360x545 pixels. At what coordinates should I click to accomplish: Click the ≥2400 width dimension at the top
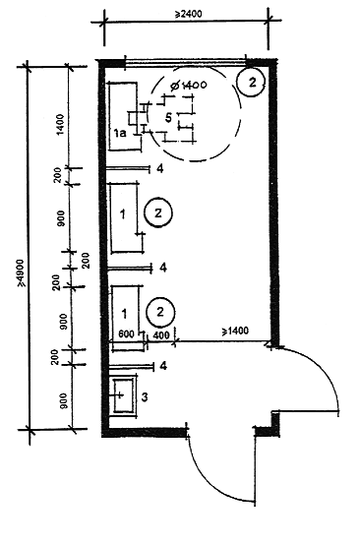(x=188, y=14)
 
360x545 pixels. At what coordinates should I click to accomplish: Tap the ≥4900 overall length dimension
(x=23, y=272)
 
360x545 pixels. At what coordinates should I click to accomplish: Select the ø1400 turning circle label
(x=188, y=85)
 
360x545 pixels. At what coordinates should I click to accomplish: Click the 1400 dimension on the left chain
(x=60, y=124)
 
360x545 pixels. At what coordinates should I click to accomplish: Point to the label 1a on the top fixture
(x=120, y=133)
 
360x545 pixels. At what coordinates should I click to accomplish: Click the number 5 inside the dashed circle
(x=168, y=118)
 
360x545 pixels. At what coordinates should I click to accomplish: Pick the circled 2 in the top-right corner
(x=252, y=82)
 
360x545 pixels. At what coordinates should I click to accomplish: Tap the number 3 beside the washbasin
(x=145, y=396)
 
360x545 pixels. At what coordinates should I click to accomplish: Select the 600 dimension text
(x=126, y=334)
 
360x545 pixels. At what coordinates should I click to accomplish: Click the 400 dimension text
(x=161, y=334)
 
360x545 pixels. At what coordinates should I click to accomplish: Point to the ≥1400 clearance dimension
(x=235, y=331)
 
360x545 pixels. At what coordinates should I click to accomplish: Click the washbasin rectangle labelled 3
(x=124, y=395)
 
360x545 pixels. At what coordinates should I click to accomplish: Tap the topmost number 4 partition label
(x=160, y=169)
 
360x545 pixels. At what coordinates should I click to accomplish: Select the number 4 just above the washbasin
(x=163, y=366)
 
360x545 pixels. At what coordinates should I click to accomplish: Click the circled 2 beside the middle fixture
(x=158, y=213)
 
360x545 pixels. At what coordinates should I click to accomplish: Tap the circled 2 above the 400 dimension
(x=160, y=312)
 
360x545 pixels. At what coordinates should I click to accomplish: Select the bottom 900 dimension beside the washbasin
(x=64, y=401)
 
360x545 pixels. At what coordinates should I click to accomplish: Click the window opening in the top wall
(x=186, y=62)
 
